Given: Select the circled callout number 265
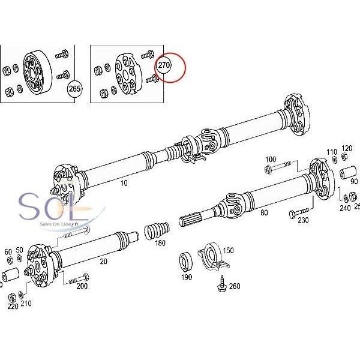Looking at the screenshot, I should (x=74, y=88).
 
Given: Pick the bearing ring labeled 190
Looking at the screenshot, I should (x=185, y=263).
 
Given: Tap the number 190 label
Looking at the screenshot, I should (x=187, y=277).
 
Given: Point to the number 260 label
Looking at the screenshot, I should (x=234, y=286).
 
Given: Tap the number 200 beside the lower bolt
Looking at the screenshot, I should (x=82, y=286).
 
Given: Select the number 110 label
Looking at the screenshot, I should (x=331, y=151).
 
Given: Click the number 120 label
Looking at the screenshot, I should (x=347, y=148).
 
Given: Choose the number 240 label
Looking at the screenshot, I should (x=344, y=208).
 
